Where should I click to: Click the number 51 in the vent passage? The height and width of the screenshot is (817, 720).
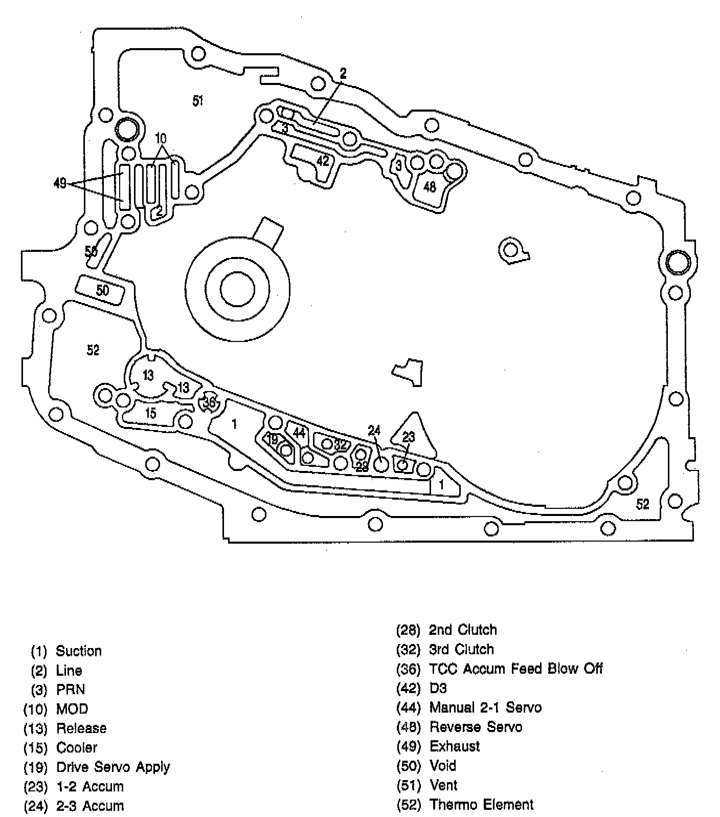click(198, 101)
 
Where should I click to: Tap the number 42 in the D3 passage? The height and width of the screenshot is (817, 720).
click(323, 161)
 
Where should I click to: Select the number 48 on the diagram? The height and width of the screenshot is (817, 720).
click(430, 187)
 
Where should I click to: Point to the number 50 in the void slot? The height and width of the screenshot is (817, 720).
click(102, 290)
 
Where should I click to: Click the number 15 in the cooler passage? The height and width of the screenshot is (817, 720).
click(150, 413)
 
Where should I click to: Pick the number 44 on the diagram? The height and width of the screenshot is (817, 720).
click(299, 433)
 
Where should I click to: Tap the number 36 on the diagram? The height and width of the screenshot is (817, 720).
click(209, 403)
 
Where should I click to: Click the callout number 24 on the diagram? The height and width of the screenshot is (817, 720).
click(374, 431)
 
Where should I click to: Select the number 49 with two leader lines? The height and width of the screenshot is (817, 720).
click(60, 183)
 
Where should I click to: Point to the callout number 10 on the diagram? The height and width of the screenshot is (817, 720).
click(161, 138)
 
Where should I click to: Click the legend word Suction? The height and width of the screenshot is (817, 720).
click(79, 651)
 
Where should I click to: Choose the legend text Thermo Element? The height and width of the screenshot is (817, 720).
click(481, 805)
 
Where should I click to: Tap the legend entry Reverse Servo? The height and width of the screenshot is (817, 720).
click(476, 727)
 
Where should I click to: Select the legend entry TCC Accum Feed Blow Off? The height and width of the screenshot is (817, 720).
click(515, 669)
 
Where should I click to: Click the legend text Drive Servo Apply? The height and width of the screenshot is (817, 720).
click(113, 767)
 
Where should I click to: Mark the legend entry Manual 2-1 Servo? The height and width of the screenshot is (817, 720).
click(485, 707)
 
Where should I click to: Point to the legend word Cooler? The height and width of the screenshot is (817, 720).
click(77, 747)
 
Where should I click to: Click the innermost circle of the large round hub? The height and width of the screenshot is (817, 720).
click(237, 288)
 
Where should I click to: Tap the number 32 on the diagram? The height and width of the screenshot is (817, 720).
click(340, 445)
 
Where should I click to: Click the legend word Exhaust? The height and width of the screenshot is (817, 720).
click(454, 746)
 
